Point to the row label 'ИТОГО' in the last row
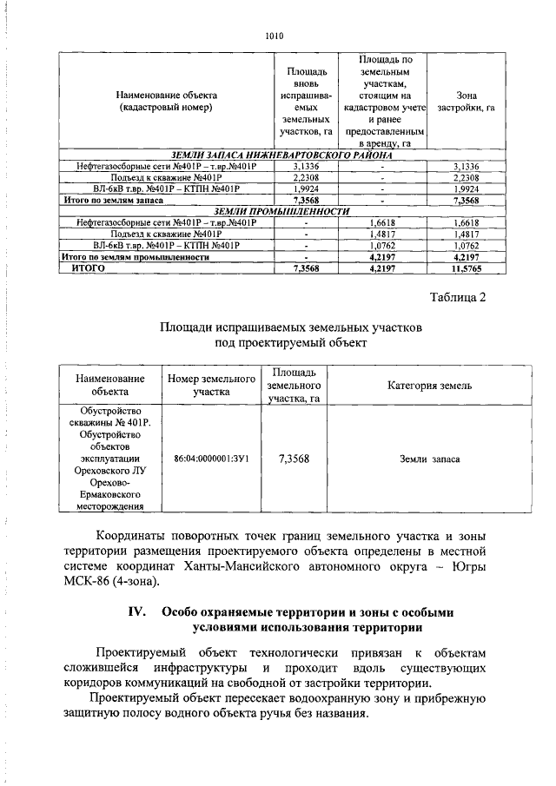(x=87, y=269)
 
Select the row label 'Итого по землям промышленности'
(x=136, y=258)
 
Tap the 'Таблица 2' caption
(x=458, y=298)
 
